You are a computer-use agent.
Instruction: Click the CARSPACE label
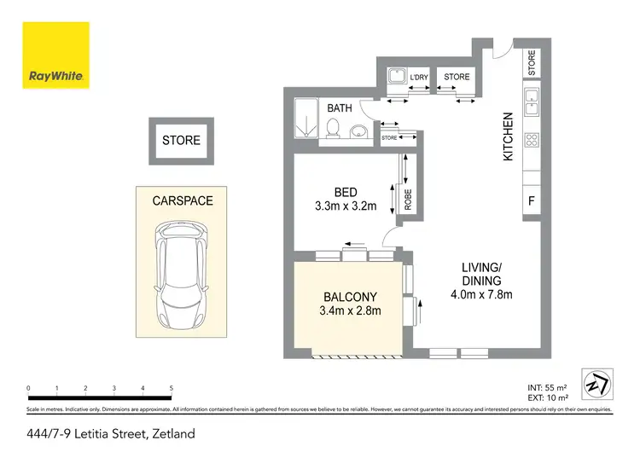pos(182,201)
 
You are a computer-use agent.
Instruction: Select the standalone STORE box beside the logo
pos(181,141)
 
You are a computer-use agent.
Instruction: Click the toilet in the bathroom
pos(335,128)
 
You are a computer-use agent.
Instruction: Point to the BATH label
pos(340,107)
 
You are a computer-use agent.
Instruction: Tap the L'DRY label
pos(418,78)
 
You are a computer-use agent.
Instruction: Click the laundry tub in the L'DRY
pos(394,77)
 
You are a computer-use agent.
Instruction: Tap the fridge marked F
pos(531,202)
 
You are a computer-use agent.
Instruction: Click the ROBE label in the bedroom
pos(408,199)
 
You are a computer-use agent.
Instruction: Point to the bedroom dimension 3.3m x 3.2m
pos(346,206)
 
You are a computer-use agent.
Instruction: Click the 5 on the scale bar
pos(172,388)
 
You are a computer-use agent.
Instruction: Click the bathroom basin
pos(359,130)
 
